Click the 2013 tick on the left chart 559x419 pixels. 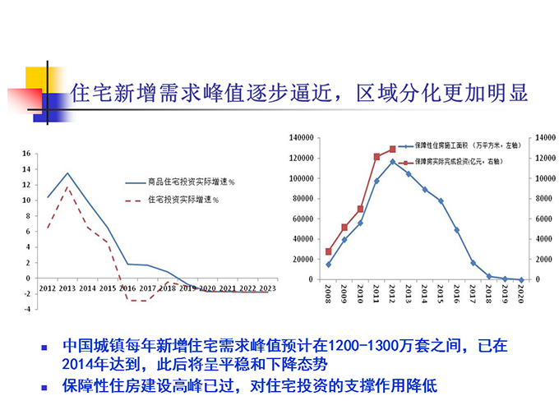(67, 288)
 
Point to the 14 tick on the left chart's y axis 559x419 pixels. (26, 168)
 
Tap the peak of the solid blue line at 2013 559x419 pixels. (67, 173)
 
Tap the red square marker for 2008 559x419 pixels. (329, 251)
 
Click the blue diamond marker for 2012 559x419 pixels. (393, 162)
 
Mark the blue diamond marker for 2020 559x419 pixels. (521, 279)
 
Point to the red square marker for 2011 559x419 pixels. (377, 156)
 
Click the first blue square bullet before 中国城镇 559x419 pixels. (46, 348)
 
